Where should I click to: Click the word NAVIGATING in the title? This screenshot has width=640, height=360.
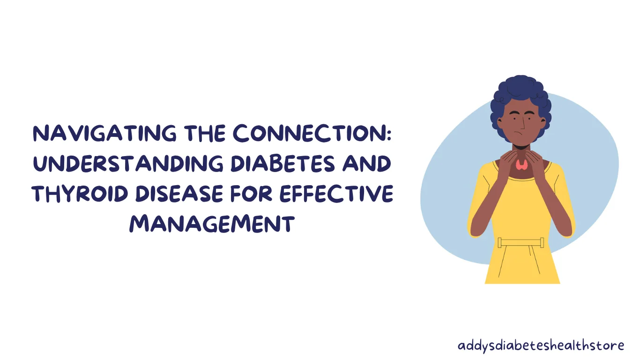tap(105, 133)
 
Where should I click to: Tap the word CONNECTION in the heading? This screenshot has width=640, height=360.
tap(307, 133)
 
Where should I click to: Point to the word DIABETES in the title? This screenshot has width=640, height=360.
tap(283, 164)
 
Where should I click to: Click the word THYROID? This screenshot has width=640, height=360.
tap(80, 194)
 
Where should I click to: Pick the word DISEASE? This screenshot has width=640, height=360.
tap(179, 194)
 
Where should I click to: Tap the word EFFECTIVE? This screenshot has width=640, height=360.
tap(336, 194)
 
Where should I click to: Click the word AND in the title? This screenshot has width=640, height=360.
tap(366, 164)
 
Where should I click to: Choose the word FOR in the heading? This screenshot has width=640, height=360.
tap(251, 194)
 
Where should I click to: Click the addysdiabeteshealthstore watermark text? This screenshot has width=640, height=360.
tap(541, 345)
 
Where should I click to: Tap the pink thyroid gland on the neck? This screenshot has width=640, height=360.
tap(522, 165)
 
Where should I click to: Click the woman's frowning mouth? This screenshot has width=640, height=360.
tap(518, 133)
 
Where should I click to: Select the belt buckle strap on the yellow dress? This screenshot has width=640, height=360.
tap(521, 243)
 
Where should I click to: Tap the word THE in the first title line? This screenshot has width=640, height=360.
tap(205, 133)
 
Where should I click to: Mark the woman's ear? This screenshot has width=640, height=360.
tap(499, 123)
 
